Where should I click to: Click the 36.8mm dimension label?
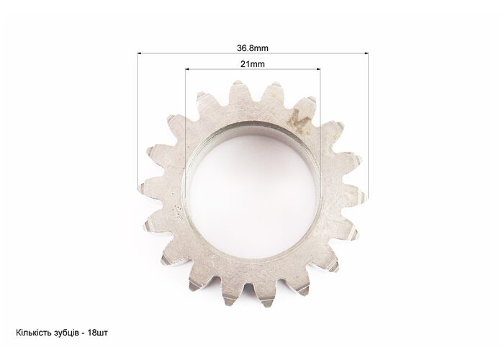[x=253, y=48]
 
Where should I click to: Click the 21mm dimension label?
[x=253, y=64]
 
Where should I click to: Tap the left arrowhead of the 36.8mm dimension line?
[x=140, y=53]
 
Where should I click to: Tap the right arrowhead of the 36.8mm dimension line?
[x=366, y=53]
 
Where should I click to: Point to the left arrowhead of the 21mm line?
[x=188, y=69]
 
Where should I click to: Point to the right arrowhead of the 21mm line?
[x=318, y=69]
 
